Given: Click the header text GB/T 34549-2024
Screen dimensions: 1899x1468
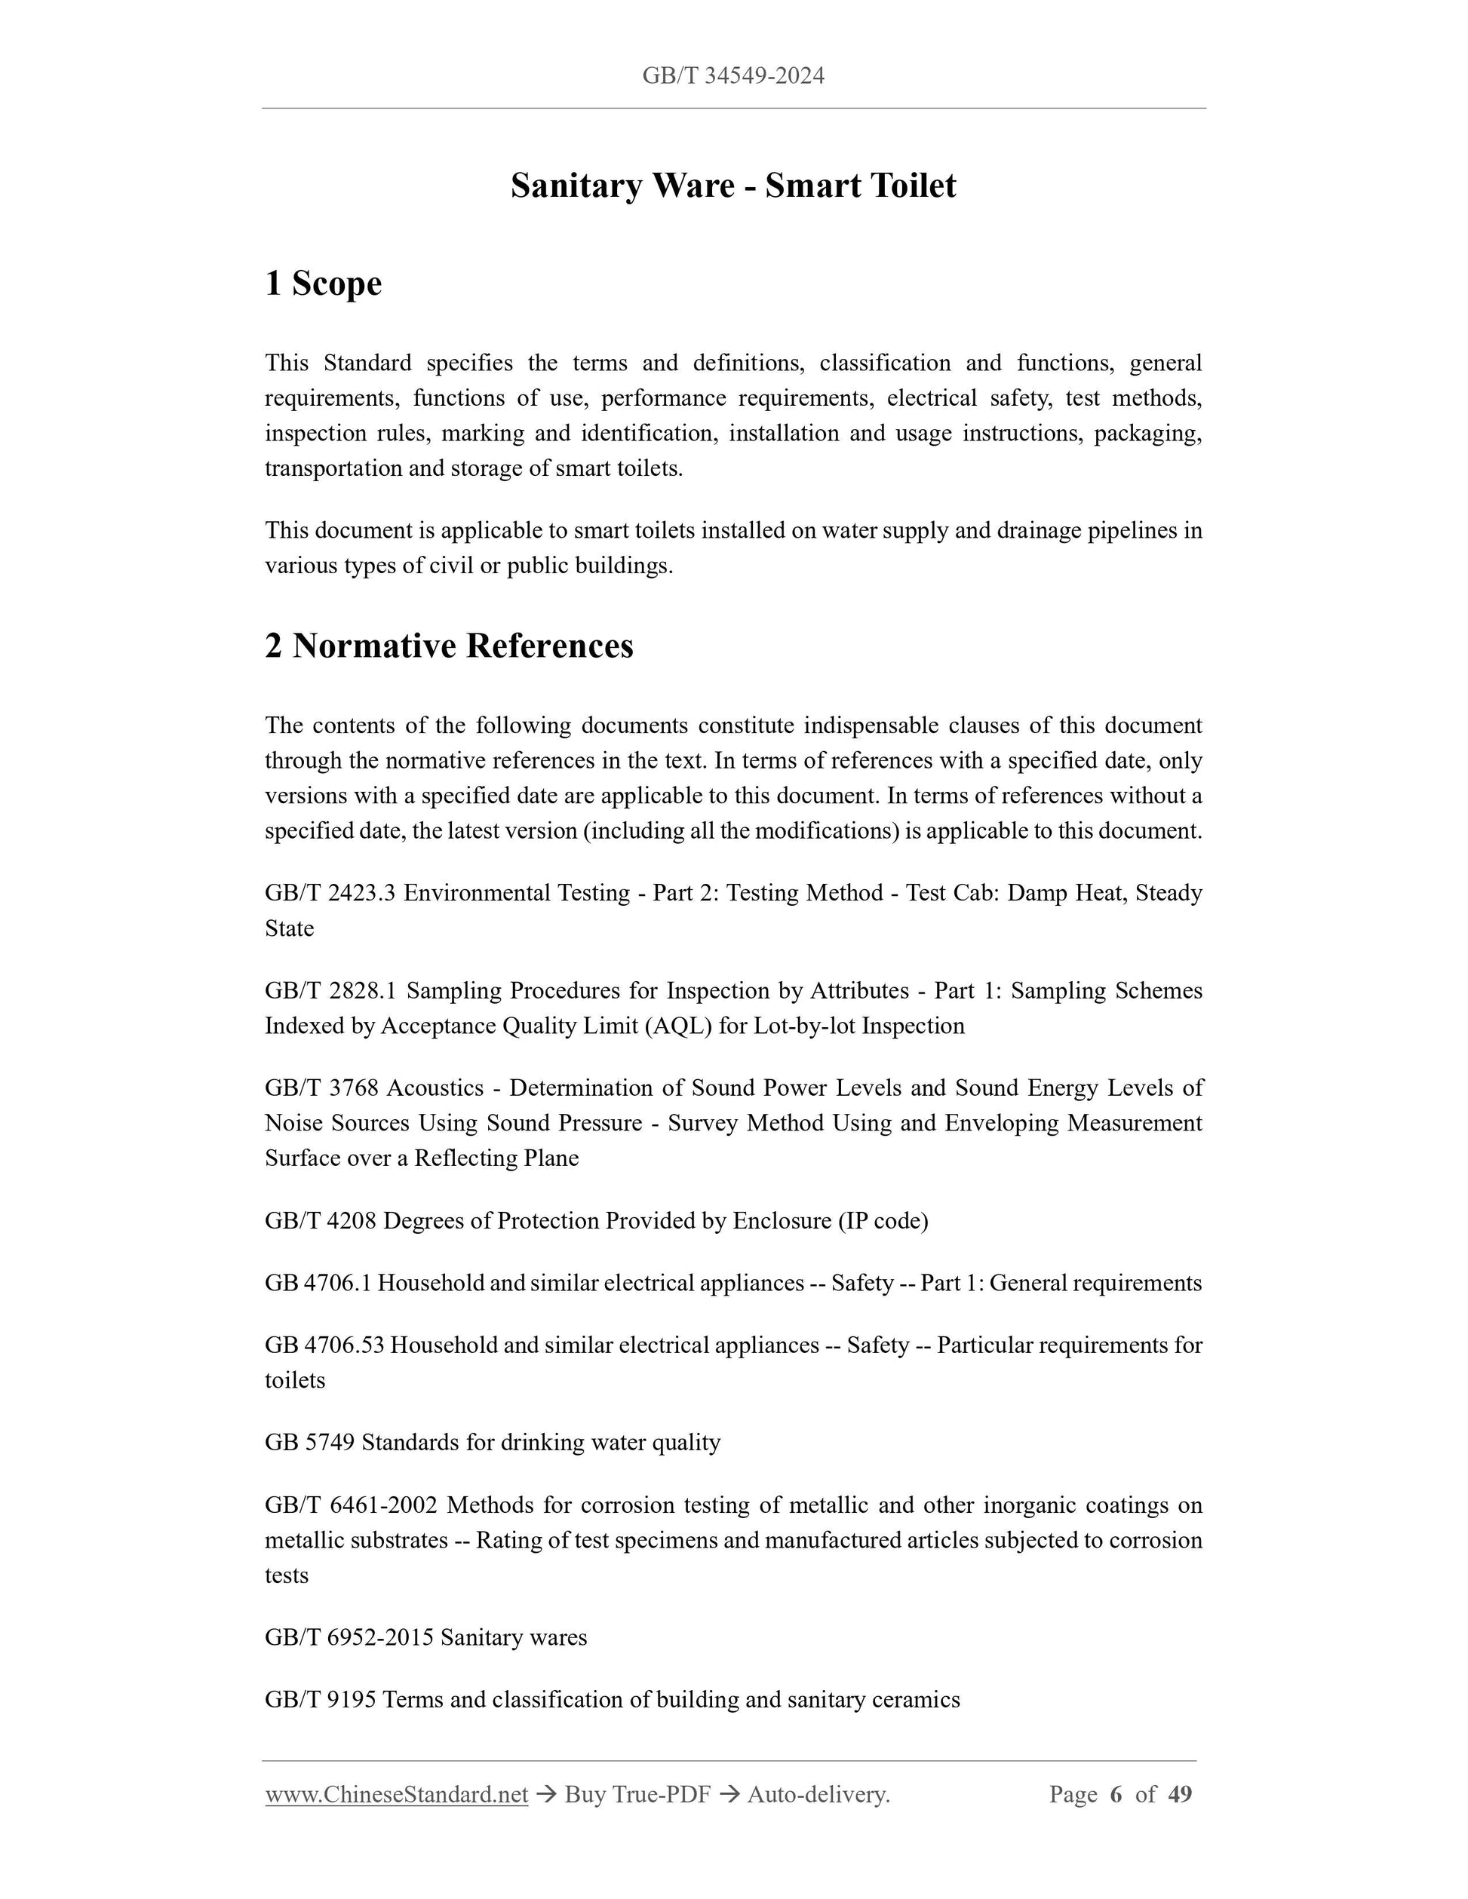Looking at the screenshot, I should click(733, 76).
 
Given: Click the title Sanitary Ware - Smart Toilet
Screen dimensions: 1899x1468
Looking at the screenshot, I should click(733, 186).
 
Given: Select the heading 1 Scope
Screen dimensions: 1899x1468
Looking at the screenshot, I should click(323, 284).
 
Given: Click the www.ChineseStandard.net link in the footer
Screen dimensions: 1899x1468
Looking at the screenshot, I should click(397, 1793).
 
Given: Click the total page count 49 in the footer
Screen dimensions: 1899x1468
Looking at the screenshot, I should click(1179, 1793).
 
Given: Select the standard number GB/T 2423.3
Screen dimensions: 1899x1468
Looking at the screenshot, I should click(330, 893).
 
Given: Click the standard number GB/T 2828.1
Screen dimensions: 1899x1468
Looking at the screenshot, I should click(330, 990).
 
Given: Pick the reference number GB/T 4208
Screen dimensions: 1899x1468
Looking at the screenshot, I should click(320, 1221).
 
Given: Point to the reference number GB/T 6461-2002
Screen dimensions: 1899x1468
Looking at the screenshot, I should click(351, 1505).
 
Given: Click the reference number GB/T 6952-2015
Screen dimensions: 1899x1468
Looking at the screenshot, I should click(349, 1637).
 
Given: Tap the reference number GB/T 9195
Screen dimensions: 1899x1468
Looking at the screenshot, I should click(320, 1700).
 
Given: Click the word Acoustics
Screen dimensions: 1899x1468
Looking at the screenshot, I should click(435, 1088).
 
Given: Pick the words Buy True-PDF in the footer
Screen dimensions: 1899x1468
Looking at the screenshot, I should click(637, 1793).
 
